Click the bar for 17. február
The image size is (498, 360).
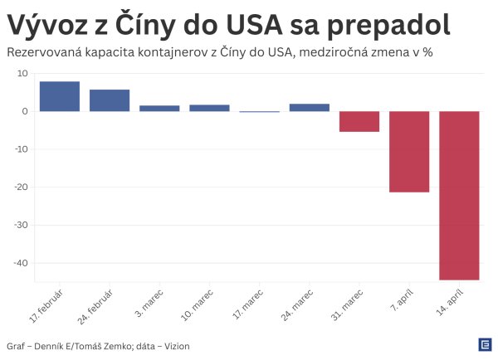click(x=60, y=96)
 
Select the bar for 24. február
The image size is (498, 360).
click(x=110, y=100)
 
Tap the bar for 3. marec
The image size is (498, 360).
click(x=159, y=108)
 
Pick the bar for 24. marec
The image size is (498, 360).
click(x=310, y=107)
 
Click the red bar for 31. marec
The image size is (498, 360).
click(x=359, y=121)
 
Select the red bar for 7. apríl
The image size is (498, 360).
click(x=409, y=151)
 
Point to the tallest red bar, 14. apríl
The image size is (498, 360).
click(x=459, y=195)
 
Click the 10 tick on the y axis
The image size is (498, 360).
click(x=23, y=74)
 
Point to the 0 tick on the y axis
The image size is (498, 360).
click(x=26, y=111)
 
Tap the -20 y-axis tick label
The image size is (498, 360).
click(x=22, y=187)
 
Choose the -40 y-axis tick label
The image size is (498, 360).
click(x=22, y=263)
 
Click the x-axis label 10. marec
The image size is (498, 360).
click(x=200, y=304)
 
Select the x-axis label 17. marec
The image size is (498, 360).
click(x=250, y=304)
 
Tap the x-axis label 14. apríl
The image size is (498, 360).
click(x=451, y=304)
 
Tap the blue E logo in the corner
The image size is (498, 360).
click(x=484, y=343)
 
